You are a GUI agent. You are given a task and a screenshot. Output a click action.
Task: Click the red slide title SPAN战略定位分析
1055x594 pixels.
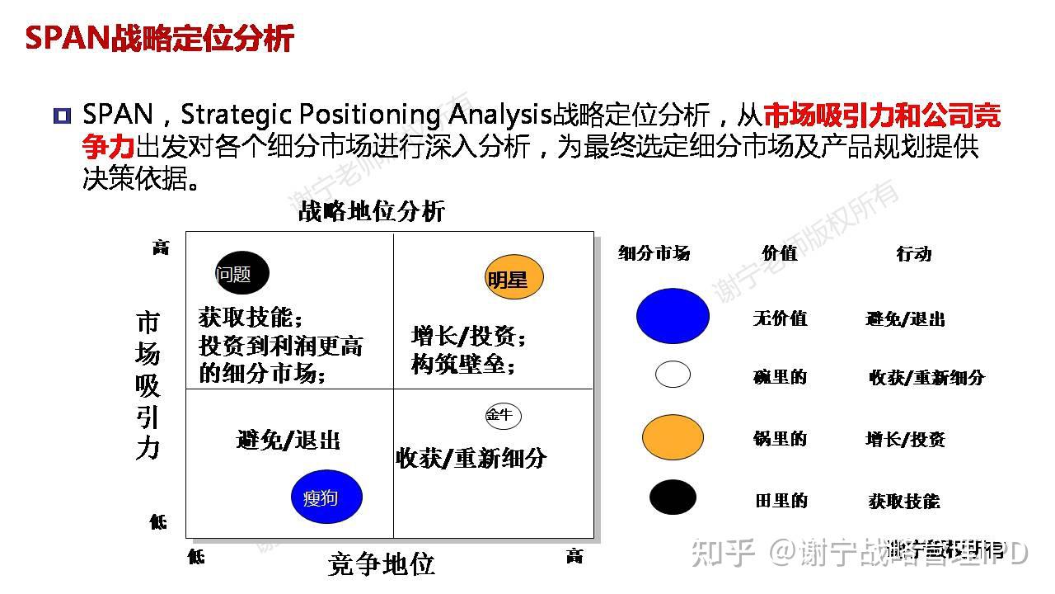coord(159,38)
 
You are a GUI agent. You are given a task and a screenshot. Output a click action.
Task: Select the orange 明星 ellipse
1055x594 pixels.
coord(514,278)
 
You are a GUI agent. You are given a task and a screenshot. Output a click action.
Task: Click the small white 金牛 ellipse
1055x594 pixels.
coord(503,416)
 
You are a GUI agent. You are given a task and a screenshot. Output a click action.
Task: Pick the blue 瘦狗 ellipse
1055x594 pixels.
coord(326,497)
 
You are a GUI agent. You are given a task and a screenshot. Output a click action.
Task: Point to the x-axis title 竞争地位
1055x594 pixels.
coord(381,564)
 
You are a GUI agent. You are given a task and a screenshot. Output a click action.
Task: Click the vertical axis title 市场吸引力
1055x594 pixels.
coord(148,384)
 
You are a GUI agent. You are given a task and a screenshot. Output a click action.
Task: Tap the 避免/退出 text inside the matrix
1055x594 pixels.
coord(288,440)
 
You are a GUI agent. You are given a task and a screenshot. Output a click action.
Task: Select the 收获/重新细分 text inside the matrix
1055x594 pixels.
coord(471,458)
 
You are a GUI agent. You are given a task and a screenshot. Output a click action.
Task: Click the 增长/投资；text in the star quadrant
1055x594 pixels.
coord(468,336)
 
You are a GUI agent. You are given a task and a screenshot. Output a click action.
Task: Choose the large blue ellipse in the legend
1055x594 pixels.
coord(673,316)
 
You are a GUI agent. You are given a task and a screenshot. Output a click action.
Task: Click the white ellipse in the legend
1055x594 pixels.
coord(673,374)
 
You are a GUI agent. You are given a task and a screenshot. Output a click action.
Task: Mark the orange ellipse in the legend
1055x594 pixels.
coord(673,437)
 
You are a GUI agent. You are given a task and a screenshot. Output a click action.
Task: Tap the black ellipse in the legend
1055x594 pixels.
coord(673,497)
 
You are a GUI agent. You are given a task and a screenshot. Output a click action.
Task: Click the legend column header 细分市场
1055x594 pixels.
coord(654,253)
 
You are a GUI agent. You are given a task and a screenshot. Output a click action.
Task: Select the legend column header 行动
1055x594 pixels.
coord(913,253)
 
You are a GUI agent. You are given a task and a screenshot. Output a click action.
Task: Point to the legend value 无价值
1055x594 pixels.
coord(780,318)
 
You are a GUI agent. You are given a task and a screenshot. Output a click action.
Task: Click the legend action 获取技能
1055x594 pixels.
coord(903,501)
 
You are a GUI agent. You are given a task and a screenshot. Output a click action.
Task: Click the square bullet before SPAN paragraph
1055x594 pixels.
coord(62,115)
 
